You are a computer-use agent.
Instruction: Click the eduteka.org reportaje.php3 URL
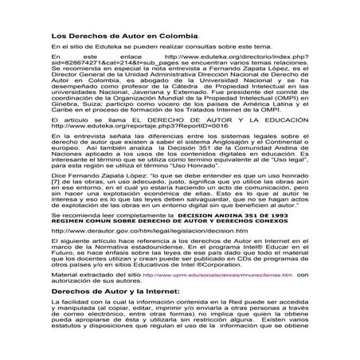[140, 147]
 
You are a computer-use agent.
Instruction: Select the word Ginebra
[65, 124]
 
